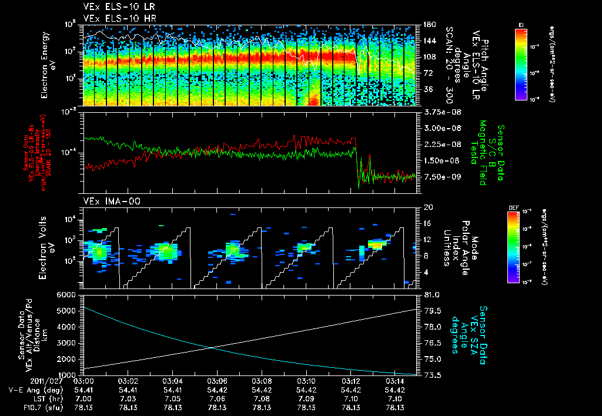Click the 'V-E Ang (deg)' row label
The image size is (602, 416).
pos(32,390)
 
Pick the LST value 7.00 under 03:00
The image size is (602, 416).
pos(83,398)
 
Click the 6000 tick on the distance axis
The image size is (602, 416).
pos(67,294)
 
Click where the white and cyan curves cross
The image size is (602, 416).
pos(210,347)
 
